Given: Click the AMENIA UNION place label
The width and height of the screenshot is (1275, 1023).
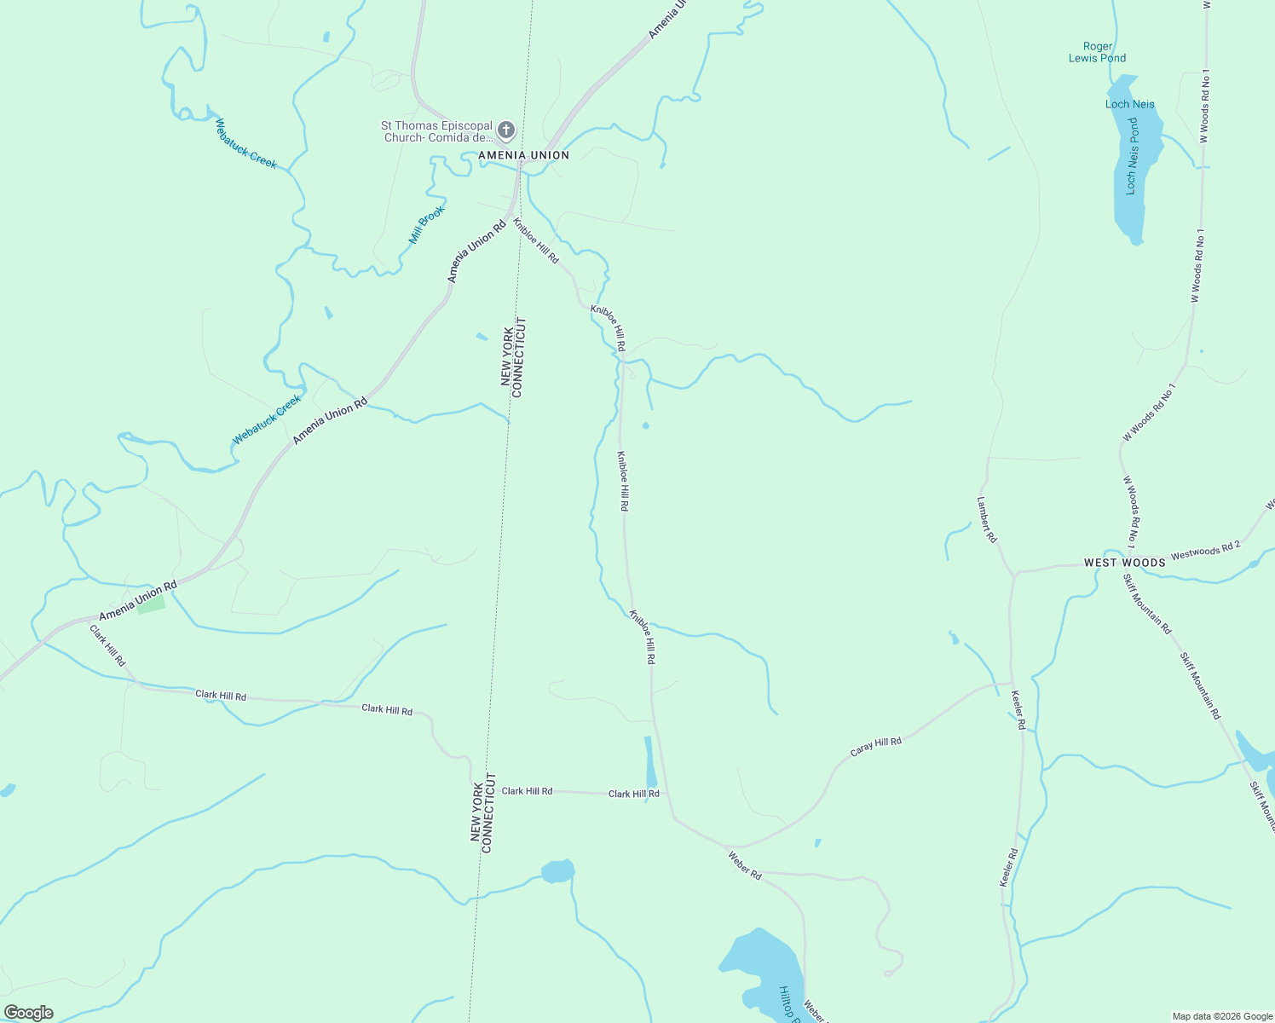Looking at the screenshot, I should [523, 155].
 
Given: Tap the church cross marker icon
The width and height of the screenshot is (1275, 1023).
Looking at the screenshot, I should [506, 130].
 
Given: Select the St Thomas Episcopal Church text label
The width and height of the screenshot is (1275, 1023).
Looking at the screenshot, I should [436, 131].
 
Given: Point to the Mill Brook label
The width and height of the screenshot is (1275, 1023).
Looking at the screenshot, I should [427, 225].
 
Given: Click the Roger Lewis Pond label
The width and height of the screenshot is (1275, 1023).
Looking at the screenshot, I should [1098, 53].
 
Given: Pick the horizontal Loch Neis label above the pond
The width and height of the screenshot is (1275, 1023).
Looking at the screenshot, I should [1130, 104].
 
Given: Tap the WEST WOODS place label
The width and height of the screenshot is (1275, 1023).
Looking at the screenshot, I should [1125, 563].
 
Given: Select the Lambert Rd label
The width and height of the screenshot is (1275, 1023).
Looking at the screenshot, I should [987, 520].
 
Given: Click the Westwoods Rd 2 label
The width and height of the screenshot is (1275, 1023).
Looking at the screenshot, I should [1205, 551].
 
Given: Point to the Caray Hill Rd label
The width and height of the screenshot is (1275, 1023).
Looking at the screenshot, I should [876, 747].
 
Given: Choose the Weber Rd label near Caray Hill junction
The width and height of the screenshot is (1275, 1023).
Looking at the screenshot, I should [745, 864].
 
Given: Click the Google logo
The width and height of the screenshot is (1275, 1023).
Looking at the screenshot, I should [28, 1013].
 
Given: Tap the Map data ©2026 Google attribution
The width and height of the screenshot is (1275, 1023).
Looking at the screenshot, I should [1222, 1016].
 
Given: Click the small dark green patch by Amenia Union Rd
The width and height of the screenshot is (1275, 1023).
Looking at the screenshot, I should [151, 604].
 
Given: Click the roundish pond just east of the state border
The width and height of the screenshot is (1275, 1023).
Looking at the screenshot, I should [557, 871].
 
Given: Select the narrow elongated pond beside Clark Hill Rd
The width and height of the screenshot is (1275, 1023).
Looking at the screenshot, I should [649, 761].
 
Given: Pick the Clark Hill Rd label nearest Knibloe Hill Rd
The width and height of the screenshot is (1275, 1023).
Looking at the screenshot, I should [633, 794].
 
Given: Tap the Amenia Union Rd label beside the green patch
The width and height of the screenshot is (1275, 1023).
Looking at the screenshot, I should [138, 600].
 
